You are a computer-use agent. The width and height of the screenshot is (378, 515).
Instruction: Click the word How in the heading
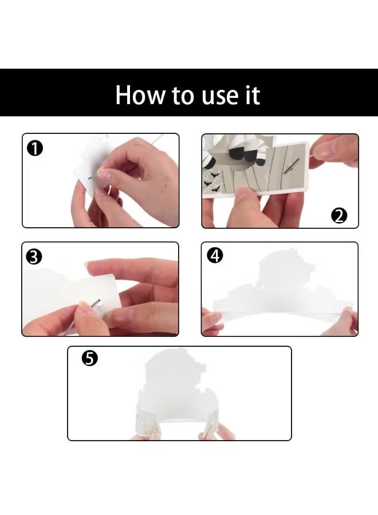140,96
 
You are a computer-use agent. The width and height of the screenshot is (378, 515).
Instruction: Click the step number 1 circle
34,148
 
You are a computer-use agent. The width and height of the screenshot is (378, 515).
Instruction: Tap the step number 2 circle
339,216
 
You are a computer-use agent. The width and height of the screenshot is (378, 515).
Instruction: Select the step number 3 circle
34,257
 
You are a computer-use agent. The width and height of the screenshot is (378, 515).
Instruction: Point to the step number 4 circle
215,256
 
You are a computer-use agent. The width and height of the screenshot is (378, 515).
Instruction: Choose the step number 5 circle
89,358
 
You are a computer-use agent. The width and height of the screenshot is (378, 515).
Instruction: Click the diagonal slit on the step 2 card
292,165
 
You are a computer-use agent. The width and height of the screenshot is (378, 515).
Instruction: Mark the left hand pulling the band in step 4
211,320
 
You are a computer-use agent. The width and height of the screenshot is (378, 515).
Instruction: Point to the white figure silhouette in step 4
283,283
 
